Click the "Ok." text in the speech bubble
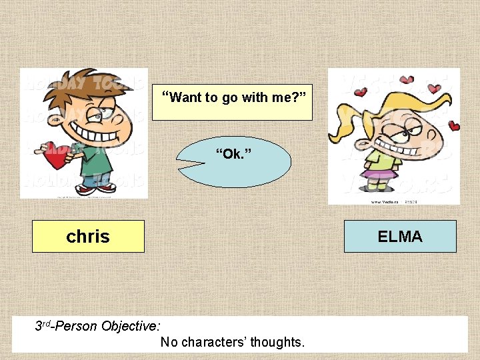[233, 155]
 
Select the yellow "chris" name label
[88, 236]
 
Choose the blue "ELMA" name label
[400, 236]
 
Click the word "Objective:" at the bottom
[130, 326]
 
